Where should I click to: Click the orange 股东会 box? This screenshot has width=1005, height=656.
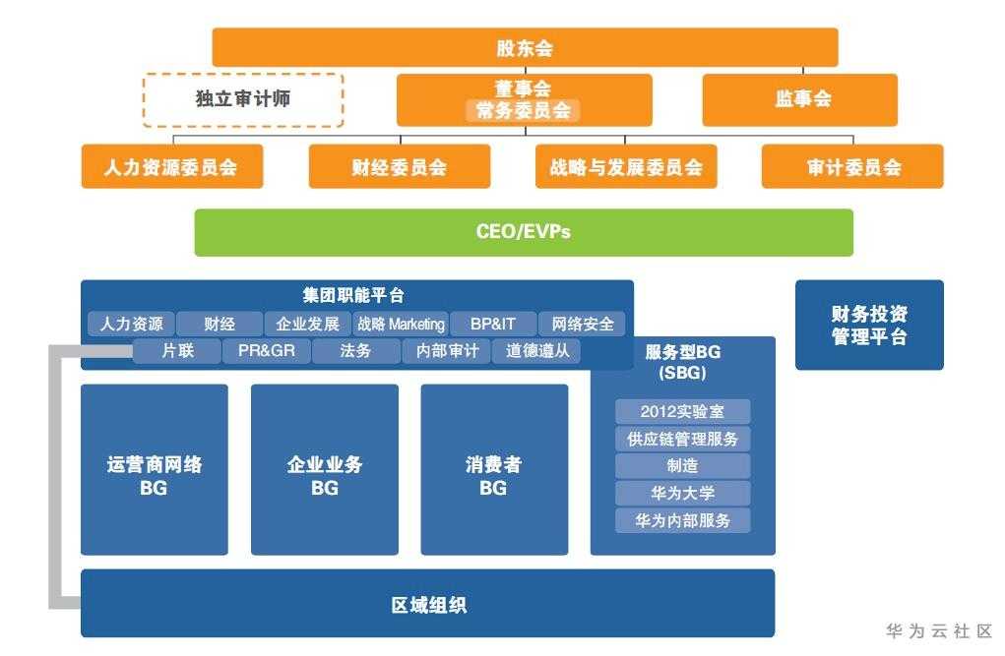(525, 47)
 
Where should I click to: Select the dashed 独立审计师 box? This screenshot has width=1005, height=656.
(243, 99)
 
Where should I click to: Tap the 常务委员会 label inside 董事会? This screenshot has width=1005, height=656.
(523, 111)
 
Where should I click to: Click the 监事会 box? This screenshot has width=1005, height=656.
(798, 99)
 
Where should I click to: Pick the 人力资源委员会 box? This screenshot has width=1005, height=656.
(171, 167)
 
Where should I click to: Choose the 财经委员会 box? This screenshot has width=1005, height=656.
(399, 167)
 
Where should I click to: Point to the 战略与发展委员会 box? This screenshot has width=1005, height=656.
(625, 167)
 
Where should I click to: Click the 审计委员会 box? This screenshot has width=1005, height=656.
(851, 167)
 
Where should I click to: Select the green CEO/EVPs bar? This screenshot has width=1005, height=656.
(523, 232)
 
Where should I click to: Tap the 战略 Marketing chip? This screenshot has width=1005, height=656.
(400, 324)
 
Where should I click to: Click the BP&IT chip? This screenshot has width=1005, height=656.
(492, 324)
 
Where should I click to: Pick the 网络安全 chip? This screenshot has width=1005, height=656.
(582, 324)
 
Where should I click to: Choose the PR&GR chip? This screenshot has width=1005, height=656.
(266, 351)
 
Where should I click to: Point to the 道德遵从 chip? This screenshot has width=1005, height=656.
(536, 351)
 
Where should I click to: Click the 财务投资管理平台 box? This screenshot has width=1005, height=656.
(868, 326)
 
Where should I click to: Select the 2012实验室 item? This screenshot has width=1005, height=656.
(682, 412)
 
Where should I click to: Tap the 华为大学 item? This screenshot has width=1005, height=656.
(682, 494)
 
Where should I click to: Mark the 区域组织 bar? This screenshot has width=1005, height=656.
(427, 604)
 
